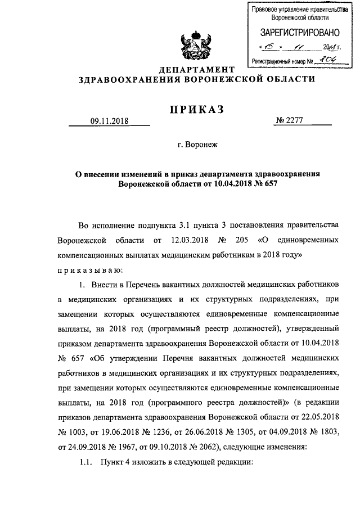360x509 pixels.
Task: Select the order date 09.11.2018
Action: (x=109, y=121)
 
